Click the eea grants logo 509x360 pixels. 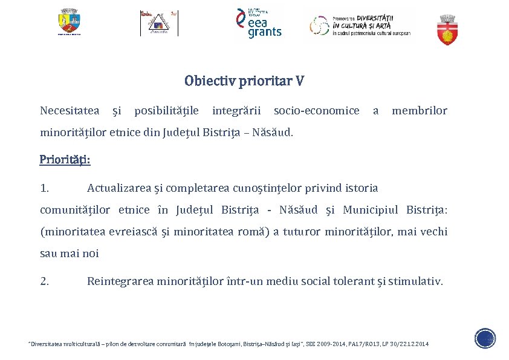tap(259, 24)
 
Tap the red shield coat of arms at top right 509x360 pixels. tap(447, 30)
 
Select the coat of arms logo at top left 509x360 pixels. tap(69, 22)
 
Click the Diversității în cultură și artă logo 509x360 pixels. tap(360, 25)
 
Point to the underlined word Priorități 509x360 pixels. tap(65, 160)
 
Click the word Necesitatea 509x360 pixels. tap(70, 111)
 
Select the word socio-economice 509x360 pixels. tap(316, 111)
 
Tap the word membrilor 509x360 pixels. tap(420, 111)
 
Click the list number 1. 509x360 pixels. tap(44, 188)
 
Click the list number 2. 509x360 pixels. tap(44, 281)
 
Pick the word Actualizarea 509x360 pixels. tap(119, 188)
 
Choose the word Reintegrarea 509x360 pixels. tap(120, 281)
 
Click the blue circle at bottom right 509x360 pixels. tap(485, 338)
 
